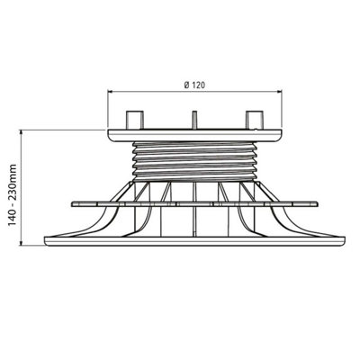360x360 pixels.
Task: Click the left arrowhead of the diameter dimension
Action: coord(111,91)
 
